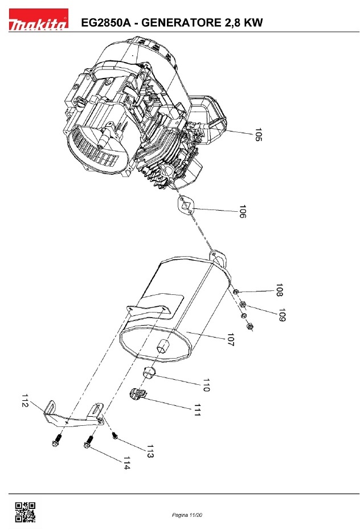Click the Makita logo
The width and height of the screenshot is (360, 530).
point(39,19)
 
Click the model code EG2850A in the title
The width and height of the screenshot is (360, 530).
point(106,23)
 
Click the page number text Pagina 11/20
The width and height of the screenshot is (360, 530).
point(187,515)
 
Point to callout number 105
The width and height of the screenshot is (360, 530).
point(258,134)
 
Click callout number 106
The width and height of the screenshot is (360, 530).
point(243,211)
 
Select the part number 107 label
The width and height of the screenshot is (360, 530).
point(231,340)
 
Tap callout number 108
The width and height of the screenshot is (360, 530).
point(279,290)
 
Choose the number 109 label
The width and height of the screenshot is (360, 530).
point(282,315)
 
